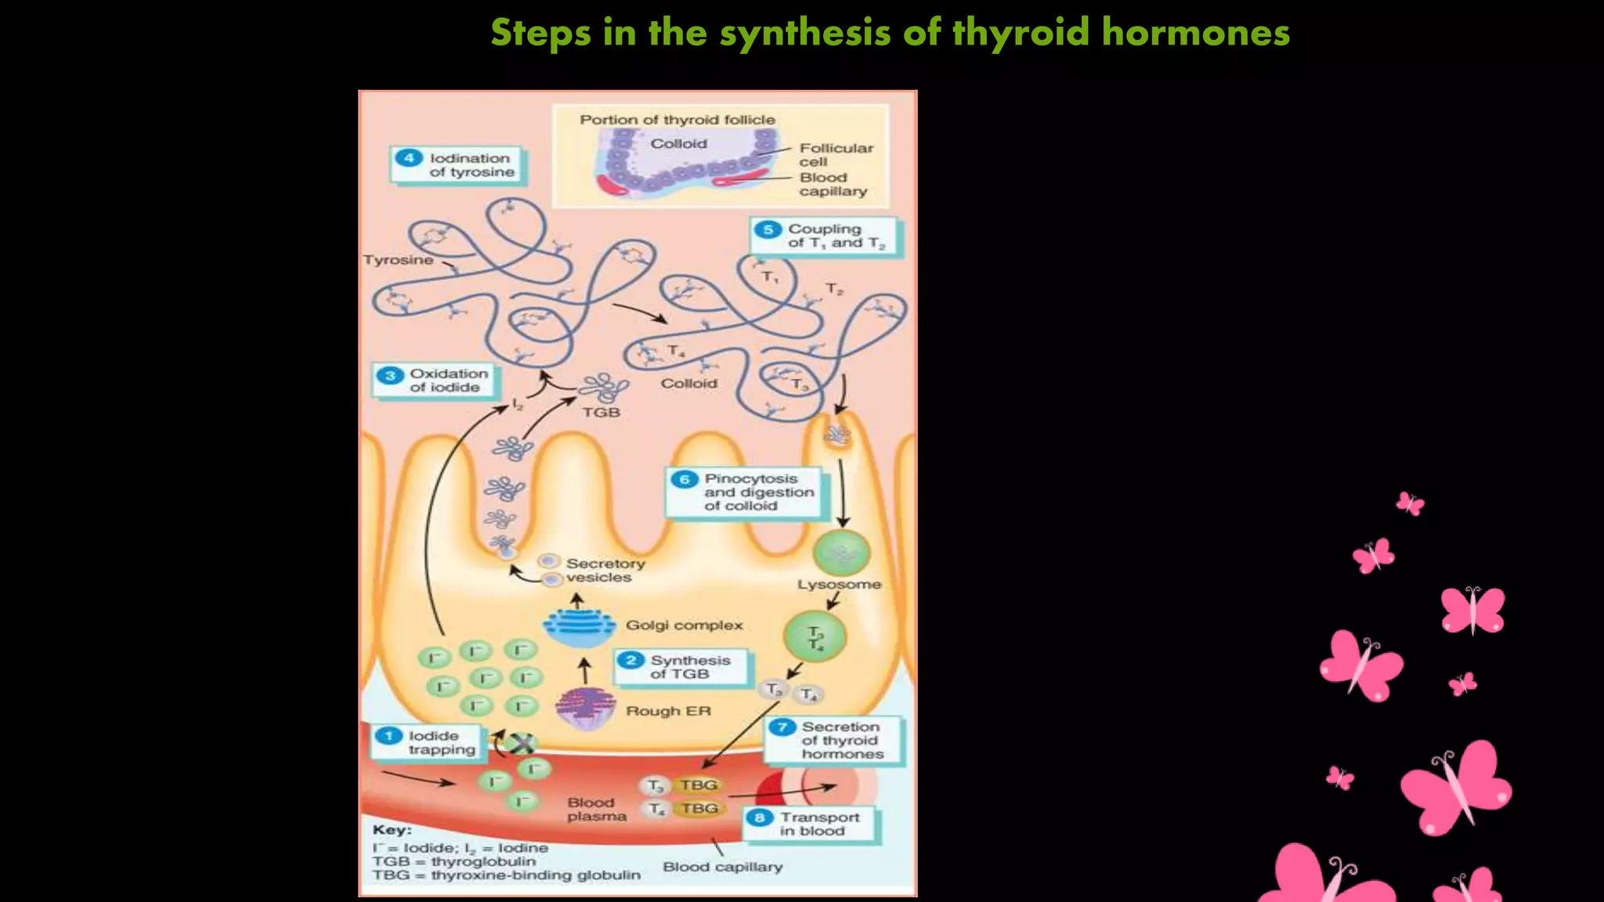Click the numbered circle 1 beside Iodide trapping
click(388, 736)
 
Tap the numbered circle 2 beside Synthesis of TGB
click(630, 660)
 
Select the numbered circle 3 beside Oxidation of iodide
click(390, 375)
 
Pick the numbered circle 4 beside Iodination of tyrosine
click(409, 157)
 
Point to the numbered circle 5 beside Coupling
click(768, 229)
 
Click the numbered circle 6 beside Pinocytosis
click(685, 479)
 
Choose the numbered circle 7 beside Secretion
click(782, 727)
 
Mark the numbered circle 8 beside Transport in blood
click(760, 818)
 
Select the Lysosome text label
click(840, 584)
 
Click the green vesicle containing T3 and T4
click(815, 637)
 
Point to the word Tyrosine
click(399, 260)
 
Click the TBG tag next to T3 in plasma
click(699, 785)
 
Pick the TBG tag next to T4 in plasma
click(699, 808)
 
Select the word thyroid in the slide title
click(1021, 34)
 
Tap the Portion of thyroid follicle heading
click(677, 120)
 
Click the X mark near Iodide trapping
click(522, 744)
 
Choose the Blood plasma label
click(597, 810)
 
